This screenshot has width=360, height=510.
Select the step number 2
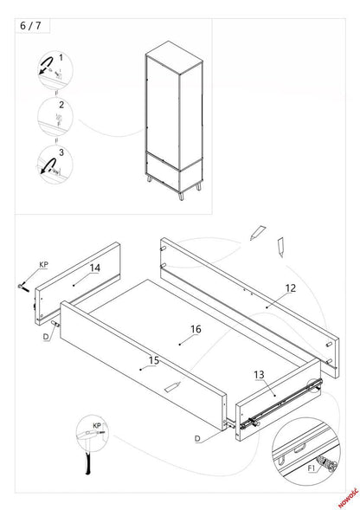point(60,105)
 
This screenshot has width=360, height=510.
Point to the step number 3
point(60,152)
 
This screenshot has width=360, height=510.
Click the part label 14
point(94,268)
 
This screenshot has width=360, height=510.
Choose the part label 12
point(291,287)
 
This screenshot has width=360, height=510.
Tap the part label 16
point(196,329)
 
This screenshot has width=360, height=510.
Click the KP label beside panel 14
point(43,264)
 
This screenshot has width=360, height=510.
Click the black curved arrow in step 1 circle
point(42,65)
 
